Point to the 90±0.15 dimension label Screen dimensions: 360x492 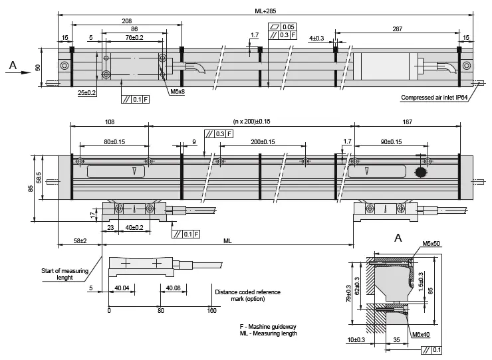390,142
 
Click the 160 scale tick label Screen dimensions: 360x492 212,310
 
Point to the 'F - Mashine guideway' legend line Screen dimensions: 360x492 267,327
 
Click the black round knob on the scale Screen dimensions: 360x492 420,173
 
